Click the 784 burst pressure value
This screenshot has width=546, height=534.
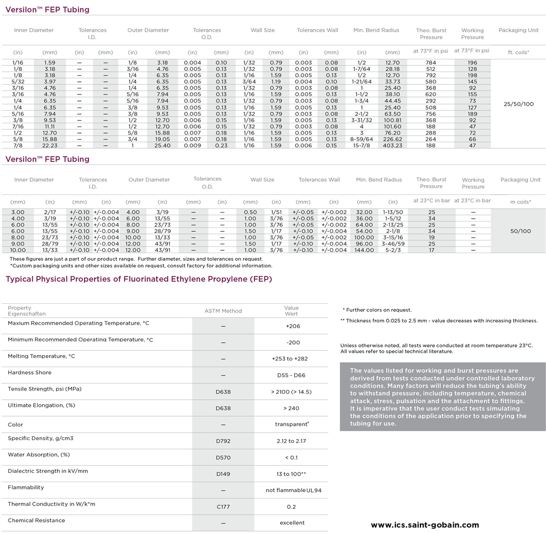(x=431, y=63)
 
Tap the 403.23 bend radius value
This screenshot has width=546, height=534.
(x=392, y=146)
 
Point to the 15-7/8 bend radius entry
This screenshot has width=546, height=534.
(x=361, y=146)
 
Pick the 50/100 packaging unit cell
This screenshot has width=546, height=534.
(x=520, y=231)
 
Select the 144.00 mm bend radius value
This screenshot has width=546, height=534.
(x=364, y=250)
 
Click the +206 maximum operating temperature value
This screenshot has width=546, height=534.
(x=292, y=326)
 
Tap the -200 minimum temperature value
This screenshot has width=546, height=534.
(x=292, y=343)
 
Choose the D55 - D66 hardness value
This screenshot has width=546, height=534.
(x=292, y=375)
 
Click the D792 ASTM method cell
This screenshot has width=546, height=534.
(x=223, y=441)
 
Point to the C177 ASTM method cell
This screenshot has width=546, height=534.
(x=223, y=507)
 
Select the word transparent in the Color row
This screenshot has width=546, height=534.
(x=291, y=424)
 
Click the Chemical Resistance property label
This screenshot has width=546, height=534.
(x=36, y=520)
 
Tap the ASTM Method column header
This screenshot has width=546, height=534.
(x=223, y=311)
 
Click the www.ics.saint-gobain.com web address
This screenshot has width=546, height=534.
(x=424, y=525)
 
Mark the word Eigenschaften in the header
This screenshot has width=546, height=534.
(x=27, y=314)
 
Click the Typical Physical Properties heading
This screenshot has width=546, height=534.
(x=139, y=279)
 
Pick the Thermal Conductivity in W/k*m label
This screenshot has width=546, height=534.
(x=51, y=504)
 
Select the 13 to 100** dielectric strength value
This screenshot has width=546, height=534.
(x=291, y=474)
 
